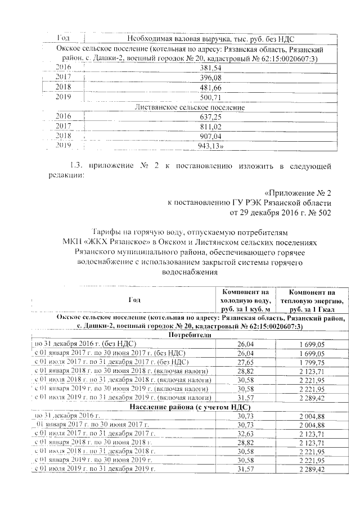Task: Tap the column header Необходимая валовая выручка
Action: click(x=210, y=39)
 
